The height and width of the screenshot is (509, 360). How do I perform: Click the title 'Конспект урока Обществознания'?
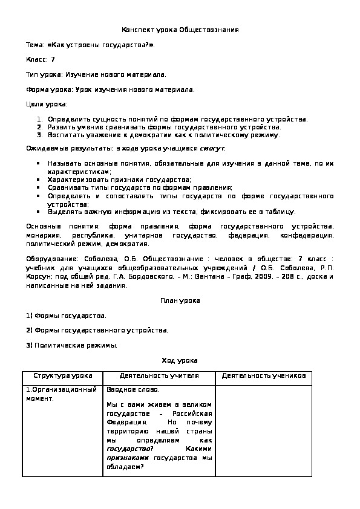pos(180,30)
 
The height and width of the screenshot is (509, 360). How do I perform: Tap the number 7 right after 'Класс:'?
pos(53,59)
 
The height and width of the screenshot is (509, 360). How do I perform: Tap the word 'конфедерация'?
pos(311,235)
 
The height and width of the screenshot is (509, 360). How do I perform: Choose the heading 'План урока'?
pos(180,300)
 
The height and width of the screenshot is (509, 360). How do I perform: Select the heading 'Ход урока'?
pos(180,360)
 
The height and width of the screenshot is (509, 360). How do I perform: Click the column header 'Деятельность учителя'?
pos(159,376)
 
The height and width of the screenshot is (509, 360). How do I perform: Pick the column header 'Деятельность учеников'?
pos(264,376)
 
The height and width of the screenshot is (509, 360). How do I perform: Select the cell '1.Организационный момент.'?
pos(61,394)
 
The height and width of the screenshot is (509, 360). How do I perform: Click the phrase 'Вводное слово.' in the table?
pos(133,390)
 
